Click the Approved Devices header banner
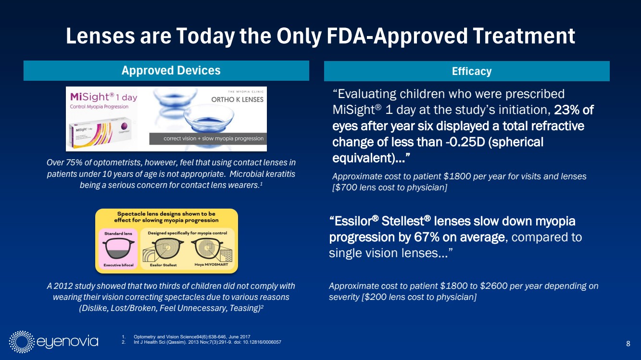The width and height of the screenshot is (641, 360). pyautogui.click(x=166, y=70)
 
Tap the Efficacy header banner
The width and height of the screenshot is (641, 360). pyautogui.click(x=467, y=71)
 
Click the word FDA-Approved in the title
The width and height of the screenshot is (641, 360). pyautogui.click(x=397, y=36)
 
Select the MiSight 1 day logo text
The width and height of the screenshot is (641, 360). pyautogui.click(x=103, y=97)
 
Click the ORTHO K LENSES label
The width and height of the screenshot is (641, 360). pyautogui.click(x=237, y=99)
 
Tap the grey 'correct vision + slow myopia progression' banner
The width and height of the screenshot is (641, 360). pyautogui.click(x=208, y=139)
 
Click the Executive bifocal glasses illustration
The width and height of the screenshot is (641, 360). pyautogui.click(x=118, y=249)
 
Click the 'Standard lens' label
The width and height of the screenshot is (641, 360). pyautogui.click(x=118, y=234)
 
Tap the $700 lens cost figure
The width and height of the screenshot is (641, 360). pyautogui.click(x=344, y=187)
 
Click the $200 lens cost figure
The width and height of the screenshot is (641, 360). pyautogui.click(x=375, y=297)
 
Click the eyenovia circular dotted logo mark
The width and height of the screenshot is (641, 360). pyautogui.click(x=22, y=342)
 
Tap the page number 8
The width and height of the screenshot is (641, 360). pyautogui.click(x=628, y=343)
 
